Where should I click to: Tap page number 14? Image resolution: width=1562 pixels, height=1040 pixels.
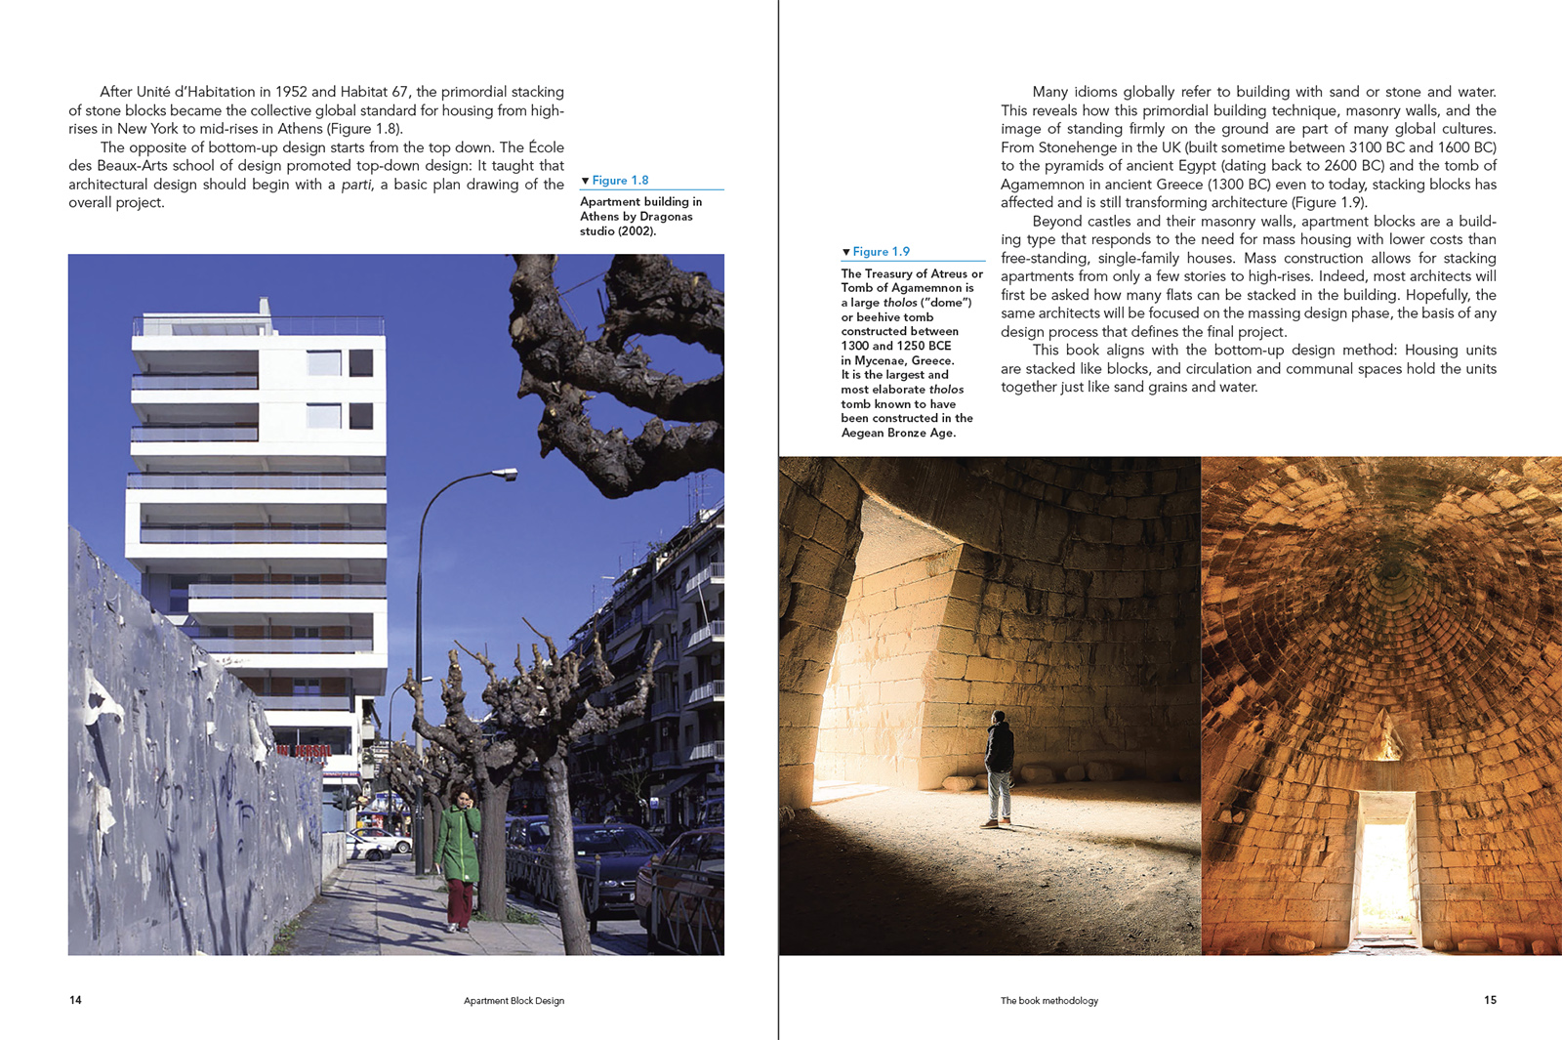click(75, 1000)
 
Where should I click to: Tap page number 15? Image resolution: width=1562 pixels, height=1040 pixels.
click(1490, 1000)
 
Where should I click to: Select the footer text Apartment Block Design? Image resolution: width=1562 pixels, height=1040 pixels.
click(514, 1001)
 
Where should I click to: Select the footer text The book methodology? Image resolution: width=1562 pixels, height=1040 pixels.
click(1048, 1001)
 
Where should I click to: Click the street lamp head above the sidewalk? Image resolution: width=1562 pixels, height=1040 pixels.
click(506, 475)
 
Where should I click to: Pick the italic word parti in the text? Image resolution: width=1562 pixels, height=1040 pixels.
click(356, 185)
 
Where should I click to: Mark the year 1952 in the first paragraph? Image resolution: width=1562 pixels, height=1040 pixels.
click(291, 92)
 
